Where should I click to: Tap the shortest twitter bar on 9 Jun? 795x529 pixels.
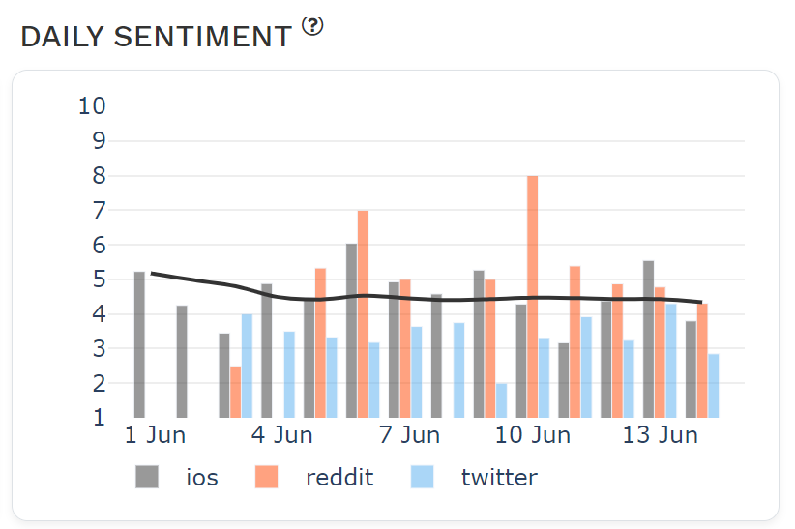click(x=501, y=400)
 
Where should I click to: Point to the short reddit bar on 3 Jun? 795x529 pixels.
click(x=235, y=392)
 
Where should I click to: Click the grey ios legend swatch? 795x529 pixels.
click(x=147, y=477)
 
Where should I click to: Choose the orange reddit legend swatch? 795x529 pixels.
click(x=265, y=477)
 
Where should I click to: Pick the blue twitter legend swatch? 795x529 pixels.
click(x=422, y=477)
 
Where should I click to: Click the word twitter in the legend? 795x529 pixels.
click(x=498, y=477)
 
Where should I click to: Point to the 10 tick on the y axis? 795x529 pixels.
click(x=92, y=105)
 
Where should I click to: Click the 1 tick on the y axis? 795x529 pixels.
click(x=99, y=418)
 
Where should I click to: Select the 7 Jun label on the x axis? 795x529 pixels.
click(x=409, y=435)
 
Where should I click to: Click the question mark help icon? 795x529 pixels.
click(x=312, y=27)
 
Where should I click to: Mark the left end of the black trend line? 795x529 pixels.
click(x=153, y=274)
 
